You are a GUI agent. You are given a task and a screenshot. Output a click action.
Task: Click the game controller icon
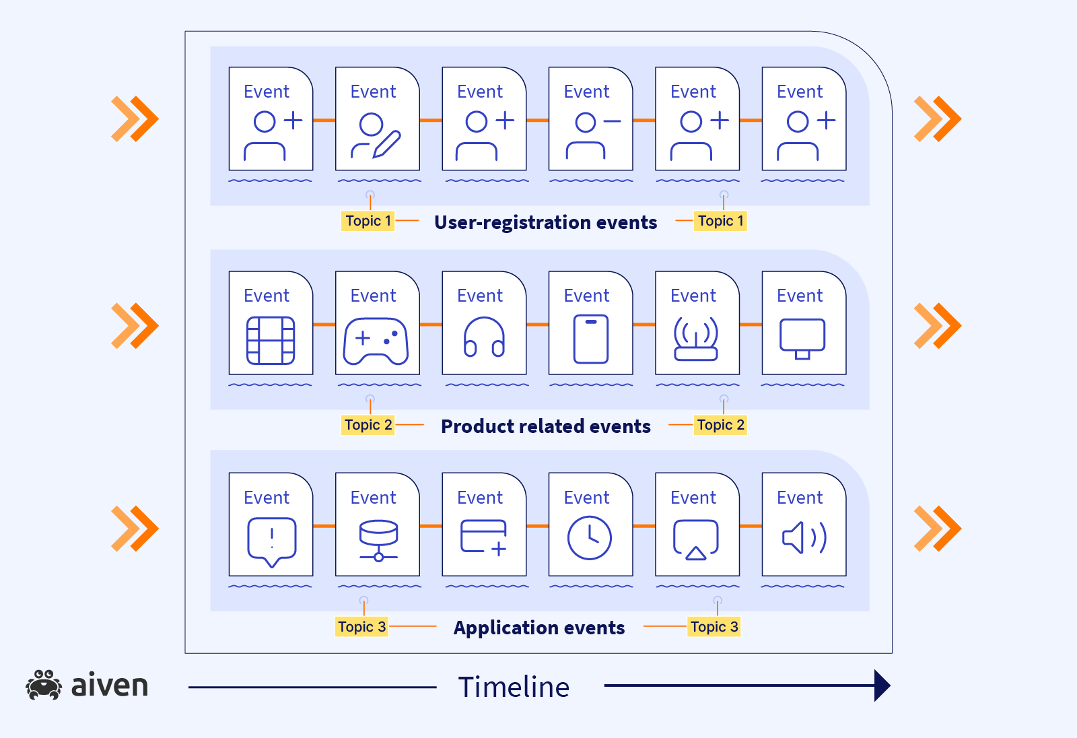(x=376, y=341)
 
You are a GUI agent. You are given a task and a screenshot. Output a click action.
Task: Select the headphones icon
(x=484, y=337)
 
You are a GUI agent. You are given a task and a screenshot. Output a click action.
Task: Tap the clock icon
(x=589, y=538)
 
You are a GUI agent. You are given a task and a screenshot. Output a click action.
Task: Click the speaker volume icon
(x=804, y=538)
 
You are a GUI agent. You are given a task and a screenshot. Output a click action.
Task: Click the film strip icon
(x=271, y=340)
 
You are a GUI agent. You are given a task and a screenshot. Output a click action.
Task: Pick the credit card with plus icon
(x=484, y=537)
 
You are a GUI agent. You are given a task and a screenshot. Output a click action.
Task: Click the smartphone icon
(x=591, y=339)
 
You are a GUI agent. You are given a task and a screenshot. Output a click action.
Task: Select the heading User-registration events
(x=545, y=222)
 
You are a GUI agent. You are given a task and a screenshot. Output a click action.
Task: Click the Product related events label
(x=545, y=426)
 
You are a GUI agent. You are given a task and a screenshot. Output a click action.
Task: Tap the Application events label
(x=538, y=628)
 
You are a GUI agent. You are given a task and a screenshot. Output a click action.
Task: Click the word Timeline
(x=514, y=687)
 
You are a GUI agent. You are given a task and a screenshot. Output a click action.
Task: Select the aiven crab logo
(x=44, y=685)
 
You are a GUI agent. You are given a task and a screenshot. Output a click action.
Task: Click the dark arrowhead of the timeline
(x=882, y=685)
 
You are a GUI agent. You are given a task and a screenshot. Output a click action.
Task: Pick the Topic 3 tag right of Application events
(x=714, y=627)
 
